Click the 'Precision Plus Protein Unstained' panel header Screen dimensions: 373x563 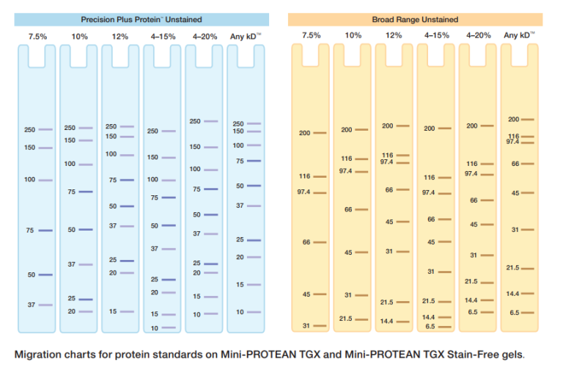pos(141,19)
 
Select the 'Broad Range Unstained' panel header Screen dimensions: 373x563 pos(415,19)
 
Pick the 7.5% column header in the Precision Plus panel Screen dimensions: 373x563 pos(37,35)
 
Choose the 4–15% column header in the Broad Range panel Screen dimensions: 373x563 pos(436,35)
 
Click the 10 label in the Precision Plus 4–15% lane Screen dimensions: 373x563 pos(154,327)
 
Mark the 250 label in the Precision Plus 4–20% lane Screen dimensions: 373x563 pos(195,121)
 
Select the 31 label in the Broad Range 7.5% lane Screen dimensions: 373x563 pos(306,325)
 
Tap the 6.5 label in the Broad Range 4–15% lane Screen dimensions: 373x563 pos(430,326)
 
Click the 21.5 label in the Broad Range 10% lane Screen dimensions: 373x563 pos(346,319)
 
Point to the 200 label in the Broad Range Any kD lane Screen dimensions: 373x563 pos(513,119)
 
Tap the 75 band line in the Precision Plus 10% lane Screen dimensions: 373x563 pos(86,192)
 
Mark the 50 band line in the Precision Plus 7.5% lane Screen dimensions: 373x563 pos(45,275)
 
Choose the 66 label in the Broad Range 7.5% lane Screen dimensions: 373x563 pos(306,242)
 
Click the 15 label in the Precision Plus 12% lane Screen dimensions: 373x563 pos(113,311)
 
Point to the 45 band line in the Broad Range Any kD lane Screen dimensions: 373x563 pos(527,193)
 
